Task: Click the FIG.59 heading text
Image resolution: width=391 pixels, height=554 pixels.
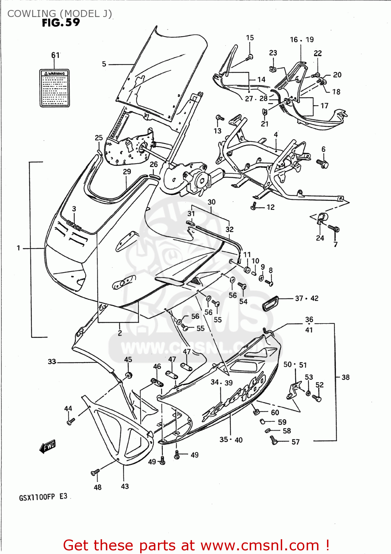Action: click(61, 23)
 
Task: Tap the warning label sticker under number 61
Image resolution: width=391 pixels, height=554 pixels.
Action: click(55, 88)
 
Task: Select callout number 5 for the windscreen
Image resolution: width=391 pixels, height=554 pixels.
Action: click(104, 64)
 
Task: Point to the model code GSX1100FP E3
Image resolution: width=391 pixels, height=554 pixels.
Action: click(43, 497)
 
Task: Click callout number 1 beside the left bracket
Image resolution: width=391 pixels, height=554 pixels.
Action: click(18, 248)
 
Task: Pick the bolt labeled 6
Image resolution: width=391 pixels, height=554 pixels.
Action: click(323, 163)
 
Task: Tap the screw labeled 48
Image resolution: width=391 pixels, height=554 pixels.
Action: click(95, 472)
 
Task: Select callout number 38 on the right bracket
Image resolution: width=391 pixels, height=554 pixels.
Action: click(345, 377)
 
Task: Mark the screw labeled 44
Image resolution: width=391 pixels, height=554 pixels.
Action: click(70, 421)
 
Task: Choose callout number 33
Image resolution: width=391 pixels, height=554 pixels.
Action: click(52, 362)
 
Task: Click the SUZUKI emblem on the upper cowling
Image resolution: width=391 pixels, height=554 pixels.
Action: click(74, 225)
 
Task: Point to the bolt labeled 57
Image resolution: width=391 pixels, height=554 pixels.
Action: click(273, 440)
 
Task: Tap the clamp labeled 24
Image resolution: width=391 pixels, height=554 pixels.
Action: click(320, 219)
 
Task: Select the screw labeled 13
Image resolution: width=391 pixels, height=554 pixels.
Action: click(220, 119)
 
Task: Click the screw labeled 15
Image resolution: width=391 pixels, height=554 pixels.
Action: click(250, 57)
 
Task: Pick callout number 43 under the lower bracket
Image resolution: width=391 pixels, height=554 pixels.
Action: click(125, 486)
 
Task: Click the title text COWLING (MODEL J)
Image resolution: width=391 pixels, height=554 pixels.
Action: click(60, 14)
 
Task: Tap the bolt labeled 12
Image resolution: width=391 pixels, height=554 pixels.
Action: click(254, 206)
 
